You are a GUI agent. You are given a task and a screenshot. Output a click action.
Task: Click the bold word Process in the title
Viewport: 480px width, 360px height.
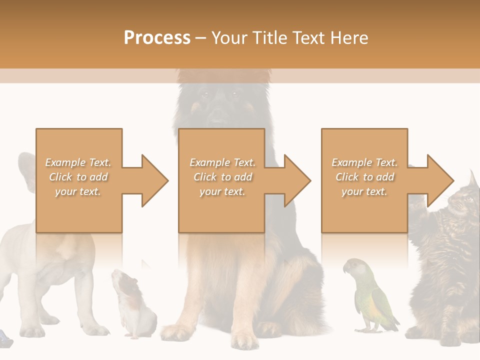[x=157, y=38]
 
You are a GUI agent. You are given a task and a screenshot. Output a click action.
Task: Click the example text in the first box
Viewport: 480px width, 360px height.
[x=78, y=177]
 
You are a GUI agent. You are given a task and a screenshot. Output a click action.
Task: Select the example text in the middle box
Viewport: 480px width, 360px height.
[x=222, y=177]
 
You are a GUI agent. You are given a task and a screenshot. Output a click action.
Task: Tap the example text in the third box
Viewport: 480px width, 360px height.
[x=364, y=177]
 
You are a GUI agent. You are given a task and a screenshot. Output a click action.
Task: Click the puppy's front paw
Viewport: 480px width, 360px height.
[x=95, y=330]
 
